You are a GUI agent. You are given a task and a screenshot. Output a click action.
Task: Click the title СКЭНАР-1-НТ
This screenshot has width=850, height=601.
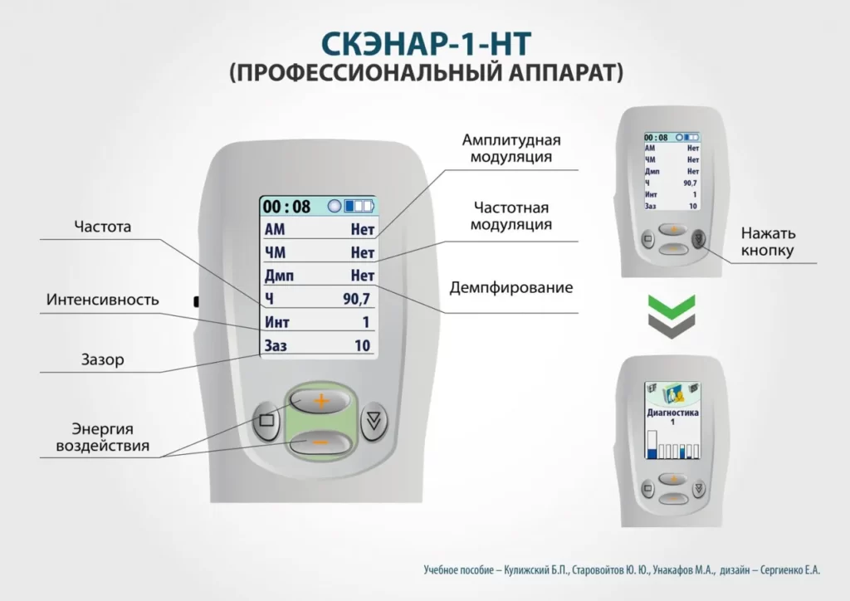(426, 44)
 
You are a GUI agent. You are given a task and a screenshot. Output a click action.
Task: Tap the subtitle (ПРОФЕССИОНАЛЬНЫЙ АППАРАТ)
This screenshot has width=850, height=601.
(426, 73)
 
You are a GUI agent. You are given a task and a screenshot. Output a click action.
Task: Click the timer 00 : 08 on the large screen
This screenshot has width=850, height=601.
(286, 206)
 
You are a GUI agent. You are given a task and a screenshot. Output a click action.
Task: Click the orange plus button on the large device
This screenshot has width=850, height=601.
(320, 401)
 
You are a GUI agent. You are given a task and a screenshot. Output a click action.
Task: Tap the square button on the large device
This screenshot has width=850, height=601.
(266, 420)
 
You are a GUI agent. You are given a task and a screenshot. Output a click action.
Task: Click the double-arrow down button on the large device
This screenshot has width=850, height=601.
(376, 420)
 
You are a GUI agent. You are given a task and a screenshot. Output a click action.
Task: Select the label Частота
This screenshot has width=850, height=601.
(102, 226)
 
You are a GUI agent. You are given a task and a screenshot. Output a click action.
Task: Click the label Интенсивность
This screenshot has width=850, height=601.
(102, 300)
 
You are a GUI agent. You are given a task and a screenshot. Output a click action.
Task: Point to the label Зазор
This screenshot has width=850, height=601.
(102, 359)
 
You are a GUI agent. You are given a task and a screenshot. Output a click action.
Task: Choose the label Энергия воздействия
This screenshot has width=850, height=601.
(102, 437)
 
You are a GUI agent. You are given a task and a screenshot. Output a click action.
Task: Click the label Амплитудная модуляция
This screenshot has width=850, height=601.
(511, 148)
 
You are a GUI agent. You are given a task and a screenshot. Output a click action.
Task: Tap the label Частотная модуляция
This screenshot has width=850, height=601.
(511, 216)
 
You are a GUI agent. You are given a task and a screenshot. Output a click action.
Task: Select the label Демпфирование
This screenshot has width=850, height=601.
(511, 289)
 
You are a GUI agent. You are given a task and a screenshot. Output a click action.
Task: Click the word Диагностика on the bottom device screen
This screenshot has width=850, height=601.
(672, 412)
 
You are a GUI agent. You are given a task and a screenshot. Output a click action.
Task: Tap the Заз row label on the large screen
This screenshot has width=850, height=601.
(276, 345)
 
